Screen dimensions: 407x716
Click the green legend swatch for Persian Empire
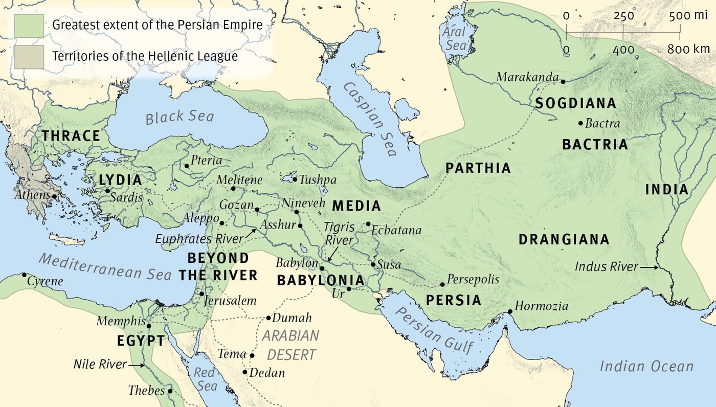point(29,25)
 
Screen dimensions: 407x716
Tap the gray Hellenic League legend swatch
point(29,57)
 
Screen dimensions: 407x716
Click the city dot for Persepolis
point(442,284)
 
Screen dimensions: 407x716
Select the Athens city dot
point(54,196)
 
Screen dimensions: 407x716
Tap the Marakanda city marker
point(563,81)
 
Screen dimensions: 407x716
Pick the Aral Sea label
point(455,38)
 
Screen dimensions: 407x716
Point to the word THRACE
point(71,136)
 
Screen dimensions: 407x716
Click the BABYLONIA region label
point(321,281)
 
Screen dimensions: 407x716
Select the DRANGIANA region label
point(564,240)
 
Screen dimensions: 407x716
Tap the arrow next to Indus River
point(650,267)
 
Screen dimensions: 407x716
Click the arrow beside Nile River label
point(136,365)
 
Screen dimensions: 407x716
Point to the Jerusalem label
point(230,301)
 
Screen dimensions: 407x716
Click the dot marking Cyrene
point(24,275)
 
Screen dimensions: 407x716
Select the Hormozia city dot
point(510,312)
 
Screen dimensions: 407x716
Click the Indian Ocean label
point(646,366)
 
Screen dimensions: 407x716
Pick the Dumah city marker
point(268,318)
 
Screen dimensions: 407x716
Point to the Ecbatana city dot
point(368,224)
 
